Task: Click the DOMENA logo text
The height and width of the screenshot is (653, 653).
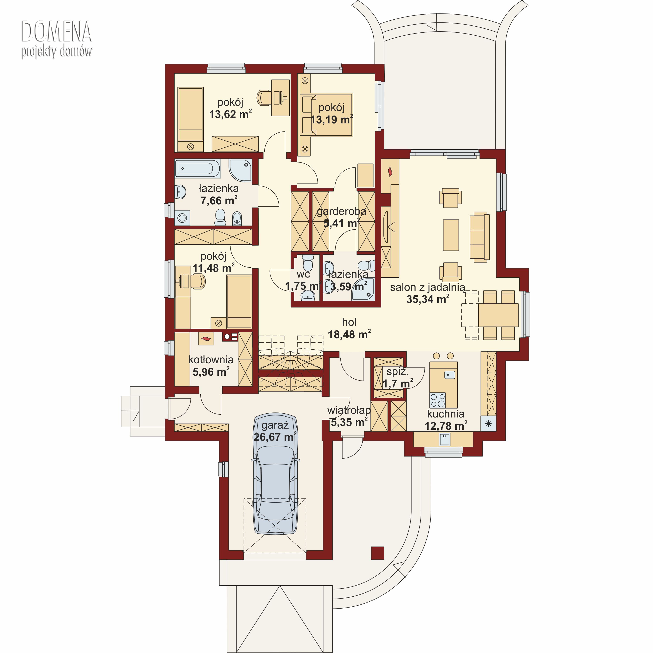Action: coord(56,31)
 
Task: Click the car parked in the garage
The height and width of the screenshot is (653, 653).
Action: coord(276,473)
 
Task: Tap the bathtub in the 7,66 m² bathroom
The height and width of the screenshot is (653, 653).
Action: coord(198,168)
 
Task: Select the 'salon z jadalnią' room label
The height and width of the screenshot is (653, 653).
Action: coord(427,287)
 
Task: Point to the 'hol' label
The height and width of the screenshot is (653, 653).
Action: coord(349,322)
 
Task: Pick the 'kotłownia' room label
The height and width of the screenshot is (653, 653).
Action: coord(211,360)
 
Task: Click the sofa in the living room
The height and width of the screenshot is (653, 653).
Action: coord(480,237)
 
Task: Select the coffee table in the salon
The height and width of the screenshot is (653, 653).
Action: coord(451,235)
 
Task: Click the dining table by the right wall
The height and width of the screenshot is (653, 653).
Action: coord(498,315)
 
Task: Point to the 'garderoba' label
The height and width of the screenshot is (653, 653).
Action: coord(341,212)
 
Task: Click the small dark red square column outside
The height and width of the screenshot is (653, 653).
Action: coord(377,553)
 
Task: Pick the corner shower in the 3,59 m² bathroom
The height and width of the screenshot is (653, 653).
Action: coord(363,290)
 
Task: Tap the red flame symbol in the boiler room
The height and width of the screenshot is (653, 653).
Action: coord(206,338)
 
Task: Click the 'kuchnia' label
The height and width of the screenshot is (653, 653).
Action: coord(446,414)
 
